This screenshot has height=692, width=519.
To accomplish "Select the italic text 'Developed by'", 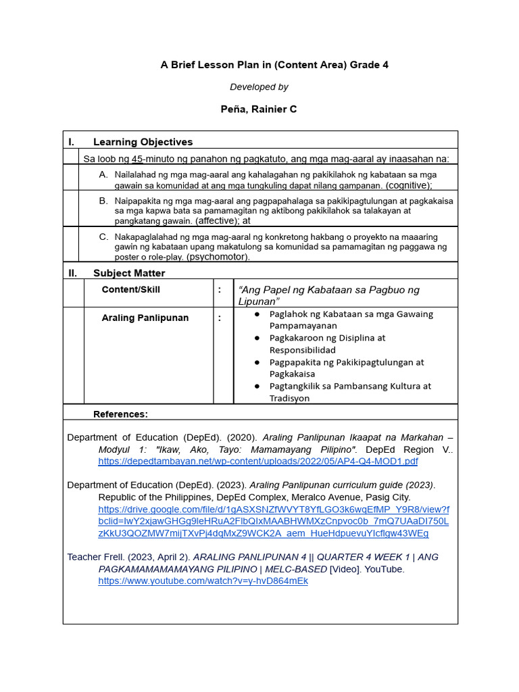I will [x=259, y=86].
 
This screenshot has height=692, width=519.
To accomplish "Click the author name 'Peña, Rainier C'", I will [x=259, y=109].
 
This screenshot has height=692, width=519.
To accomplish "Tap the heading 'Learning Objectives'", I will [x=143, y=142].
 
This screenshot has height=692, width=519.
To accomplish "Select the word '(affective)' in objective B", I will [x=217, y=220].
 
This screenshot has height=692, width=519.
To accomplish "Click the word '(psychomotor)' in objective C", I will [x=218, y=257].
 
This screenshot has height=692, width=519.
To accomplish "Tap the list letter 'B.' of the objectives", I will [x=103, y=201].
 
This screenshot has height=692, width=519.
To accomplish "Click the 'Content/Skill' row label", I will [x=131, y=289].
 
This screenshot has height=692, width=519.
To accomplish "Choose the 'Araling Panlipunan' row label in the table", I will [x=145, y=318].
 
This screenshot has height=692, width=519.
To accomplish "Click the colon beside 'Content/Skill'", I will [x=220, y=289].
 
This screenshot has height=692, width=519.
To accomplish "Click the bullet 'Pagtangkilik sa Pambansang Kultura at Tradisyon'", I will [x=349, y=392].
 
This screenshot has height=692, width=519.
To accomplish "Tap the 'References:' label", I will [x=120, y=414].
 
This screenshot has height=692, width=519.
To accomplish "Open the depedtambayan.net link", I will [x=257, y=462].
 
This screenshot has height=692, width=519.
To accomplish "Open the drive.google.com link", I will [x=273, y=521].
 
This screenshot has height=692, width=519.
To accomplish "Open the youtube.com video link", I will [x=203, y=580].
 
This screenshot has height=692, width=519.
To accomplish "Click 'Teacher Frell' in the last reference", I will [x=95, y=557].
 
